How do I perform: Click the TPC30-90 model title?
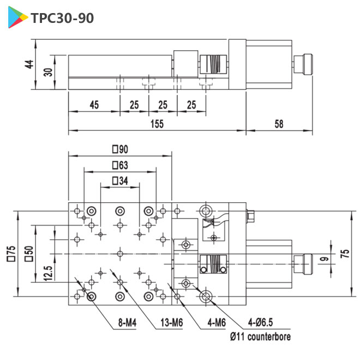coord(62,18)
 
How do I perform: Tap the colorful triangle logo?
coord(18,19)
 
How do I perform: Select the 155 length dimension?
coord(157,124)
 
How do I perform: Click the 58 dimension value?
coord(279,124)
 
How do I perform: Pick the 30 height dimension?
coord(47,71)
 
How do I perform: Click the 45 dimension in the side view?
coord(93,105)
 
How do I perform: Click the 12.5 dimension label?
coord(47,271)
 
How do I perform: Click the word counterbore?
coord(269,337)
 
